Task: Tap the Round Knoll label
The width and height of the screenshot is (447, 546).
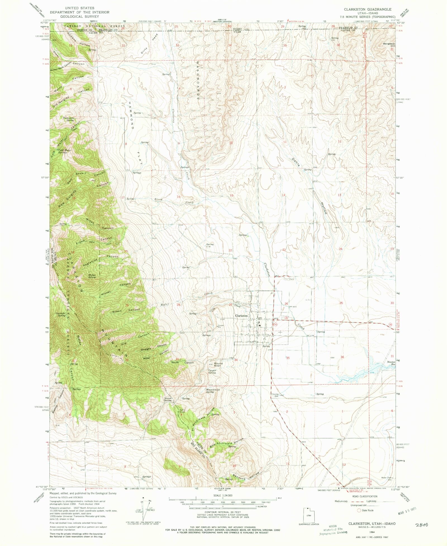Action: click(218, 365)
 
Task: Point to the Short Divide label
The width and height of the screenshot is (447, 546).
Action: click(168, 399)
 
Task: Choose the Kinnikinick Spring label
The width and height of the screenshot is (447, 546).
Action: click(213, 391)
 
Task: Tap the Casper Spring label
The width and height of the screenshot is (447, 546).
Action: click(212, 372)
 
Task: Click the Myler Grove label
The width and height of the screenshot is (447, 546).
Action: click(92, 276)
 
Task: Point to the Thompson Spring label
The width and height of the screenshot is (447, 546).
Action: click(68, 119)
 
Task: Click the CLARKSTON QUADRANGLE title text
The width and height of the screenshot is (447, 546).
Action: click(368, 9)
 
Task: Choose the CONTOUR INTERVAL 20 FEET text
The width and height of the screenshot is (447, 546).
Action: click(223, 513)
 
